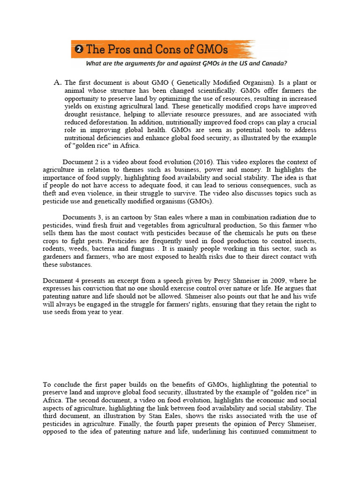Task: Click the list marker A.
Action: tap(58, 82)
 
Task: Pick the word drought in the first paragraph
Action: tap(77, 114)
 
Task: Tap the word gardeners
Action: tap(58, 257)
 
